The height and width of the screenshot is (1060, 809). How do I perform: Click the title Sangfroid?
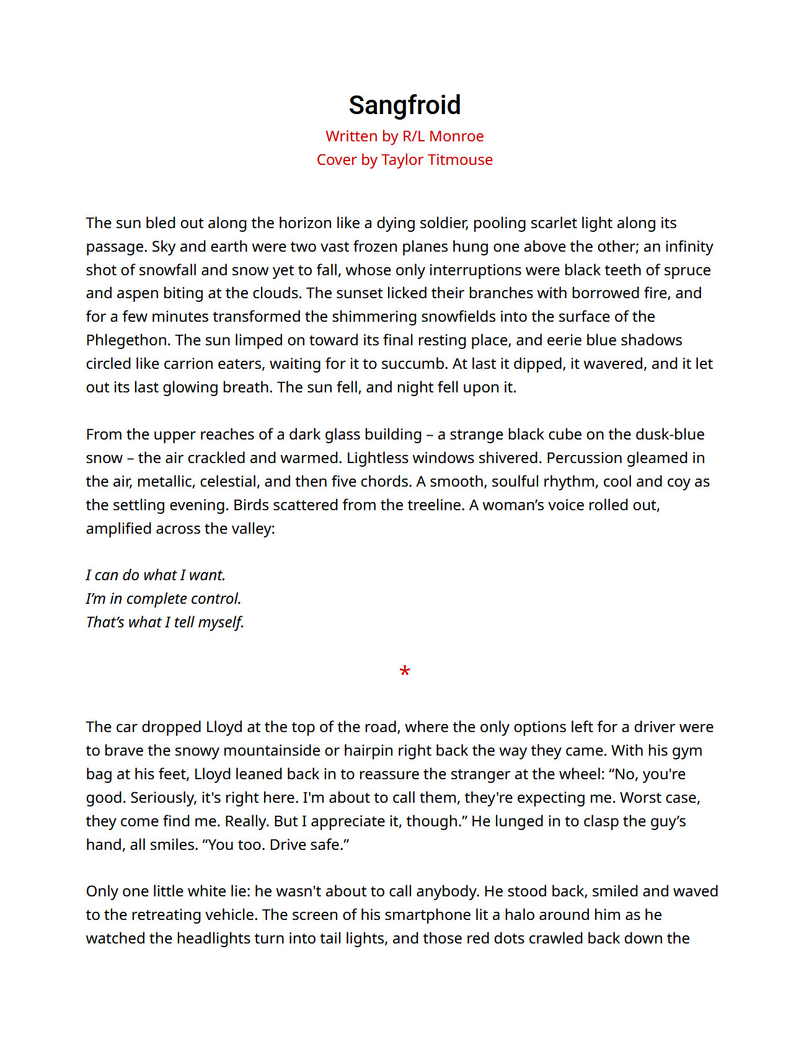pyautogui.click(x=404, y=105)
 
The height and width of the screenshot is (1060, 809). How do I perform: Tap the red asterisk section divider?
pyautogui.click(x=405, y=671)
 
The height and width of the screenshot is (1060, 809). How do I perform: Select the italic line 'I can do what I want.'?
pyautogui.click(x=156, y=575)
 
